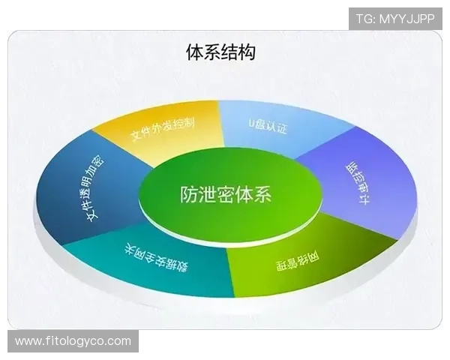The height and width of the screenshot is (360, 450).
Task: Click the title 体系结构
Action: [x=221, y=52]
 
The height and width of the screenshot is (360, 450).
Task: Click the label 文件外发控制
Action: [x=163, y=128]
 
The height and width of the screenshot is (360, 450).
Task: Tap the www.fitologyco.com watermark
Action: [x=73, y=342]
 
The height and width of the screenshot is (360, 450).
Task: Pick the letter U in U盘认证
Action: [x=252, y=121]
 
